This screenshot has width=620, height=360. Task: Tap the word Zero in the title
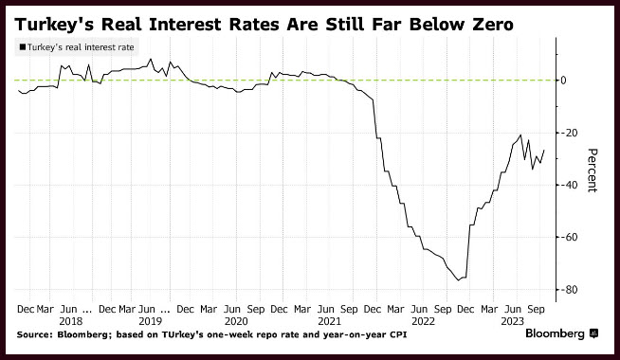pos(493,25)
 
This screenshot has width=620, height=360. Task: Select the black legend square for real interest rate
pos(22,47)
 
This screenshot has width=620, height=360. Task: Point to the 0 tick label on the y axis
pos(563,81)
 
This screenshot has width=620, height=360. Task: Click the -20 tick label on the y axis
pos(565,133)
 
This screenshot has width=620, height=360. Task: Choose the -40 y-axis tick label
pos(565,185)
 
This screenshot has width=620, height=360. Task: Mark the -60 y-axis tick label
pos(565,237)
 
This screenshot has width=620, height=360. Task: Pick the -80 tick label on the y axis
pos(565,290)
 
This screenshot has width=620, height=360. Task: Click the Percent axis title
pos(592,170)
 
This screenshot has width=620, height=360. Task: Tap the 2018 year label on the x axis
pos(71,321)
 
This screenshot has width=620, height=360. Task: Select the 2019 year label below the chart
pos(150,321)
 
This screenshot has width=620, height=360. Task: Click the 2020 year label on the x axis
pos(236,321)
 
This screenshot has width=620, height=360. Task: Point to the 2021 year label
pos(329,321)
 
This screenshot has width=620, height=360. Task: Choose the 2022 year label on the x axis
pos(423,321)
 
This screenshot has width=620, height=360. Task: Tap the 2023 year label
pos(513,321)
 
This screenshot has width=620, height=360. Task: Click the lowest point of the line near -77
pos(458,280)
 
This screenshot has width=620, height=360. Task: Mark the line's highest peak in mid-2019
pos(150,60)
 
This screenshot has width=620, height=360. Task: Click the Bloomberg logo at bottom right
pos(561,333)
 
